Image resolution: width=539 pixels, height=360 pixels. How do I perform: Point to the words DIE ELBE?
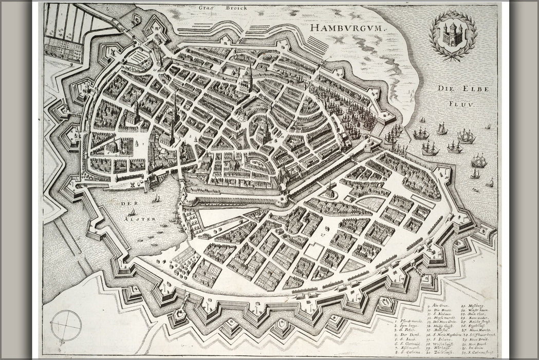pyautogui.click(x=459, y=88)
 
